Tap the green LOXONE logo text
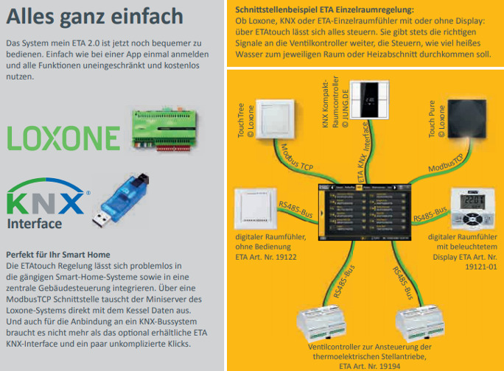pyautogui.click(x=63, y=138)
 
